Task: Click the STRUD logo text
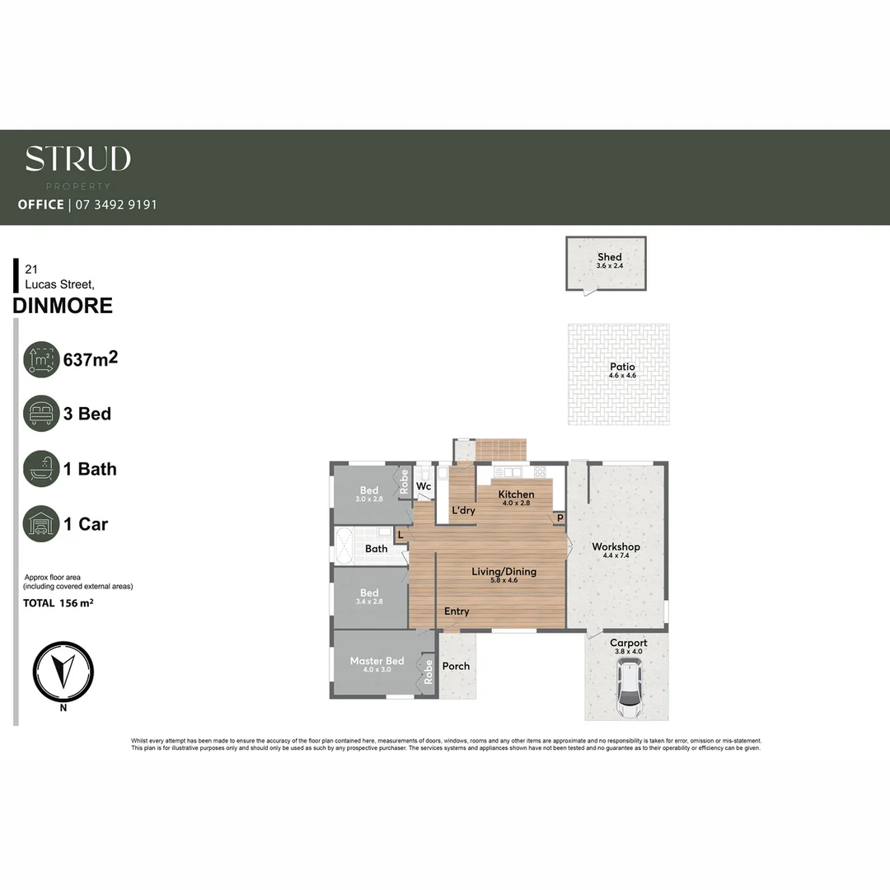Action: click(77, 159)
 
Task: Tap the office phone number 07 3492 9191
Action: click(115, 204)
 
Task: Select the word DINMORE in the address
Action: click(63, 306)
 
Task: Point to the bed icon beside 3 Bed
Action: click(41, 414)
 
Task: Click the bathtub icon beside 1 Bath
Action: click(41, 469)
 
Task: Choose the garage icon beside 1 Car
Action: click(41, 524)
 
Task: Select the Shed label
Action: click(609, 257)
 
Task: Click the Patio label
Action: click(622, 368)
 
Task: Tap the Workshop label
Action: click(616, 547)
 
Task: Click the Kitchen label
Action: click(516, 494)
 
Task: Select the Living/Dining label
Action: click(504, 571)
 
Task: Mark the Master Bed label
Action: click(377, 661)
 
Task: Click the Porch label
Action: click(456, 666)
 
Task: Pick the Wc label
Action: click(424, 487)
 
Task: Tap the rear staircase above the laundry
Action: click(500, 451)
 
